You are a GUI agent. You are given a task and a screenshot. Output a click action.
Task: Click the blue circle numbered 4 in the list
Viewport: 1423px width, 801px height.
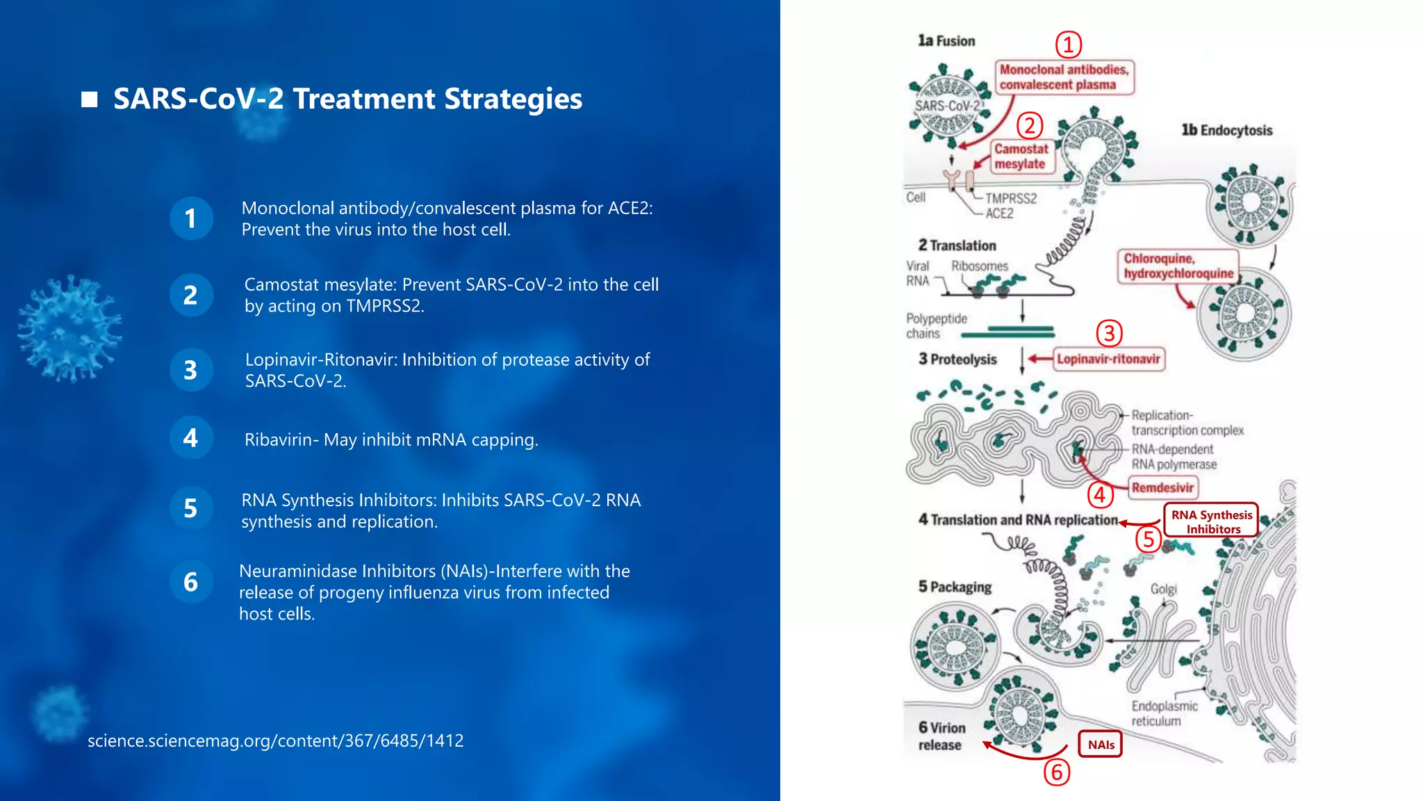point(191,438)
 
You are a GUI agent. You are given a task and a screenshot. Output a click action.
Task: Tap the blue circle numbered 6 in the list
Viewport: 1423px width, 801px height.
point(191,582)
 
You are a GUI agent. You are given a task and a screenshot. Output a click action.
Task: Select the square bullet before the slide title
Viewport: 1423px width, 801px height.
point(89,99)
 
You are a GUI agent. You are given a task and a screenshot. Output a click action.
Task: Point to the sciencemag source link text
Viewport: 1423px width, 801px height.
point(275,741)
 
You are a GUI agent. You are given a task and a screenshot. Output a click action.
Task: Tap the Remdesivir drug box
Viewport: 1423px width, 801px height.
point(1162,487)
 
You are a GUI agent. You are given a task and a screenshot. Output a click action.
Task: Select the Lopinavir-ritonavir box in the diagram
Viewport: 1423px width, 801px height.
point(1108,359)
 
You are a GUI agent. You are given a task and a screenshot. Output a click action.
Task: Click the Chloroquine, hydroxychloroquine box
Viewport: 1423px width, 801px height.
point(1178,266)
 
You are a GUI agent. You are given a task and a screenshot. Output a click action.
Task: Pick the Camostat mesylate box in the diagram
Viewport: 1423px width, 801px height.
point(1021,156)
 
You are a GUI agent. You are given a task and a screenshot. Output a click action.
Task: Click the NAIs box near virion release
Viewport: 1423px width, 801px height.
point(1101,745)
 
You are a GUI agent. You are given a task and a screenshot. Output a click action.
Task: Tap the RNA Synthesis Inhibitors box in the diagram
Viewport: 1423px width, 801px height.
point(1212,521)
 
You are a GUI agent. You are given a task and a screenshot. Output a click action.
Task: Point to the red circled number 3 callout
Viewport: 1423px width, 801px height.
point(1110,334)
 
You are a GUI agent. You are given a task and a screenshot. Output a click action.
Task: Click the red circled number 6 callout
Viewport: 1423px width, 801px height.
point(1057,772)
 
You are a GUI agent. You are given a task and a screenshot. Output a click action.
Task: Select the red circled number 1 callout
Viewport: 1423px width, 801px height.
point(1069,45)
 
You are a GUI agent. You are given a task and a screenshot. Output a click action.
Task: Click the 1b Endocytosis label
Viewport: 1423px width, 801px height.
point(1227,131)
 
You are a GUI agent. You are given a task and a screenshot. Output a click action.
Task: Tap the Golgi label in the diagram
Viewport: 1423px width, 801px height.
point(1163,590)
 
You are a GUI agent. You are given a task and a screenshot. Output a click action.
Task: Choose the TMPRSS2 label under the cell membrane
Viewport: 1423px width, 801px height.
point(1011,199)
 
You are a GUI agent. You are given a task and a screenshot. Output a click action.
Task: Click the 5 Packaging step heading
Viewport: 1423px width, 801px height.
point(955,587)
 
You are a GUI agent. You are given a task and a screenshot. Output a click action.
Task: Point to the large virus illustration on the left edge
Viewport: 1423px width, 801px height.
point(69,329)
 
